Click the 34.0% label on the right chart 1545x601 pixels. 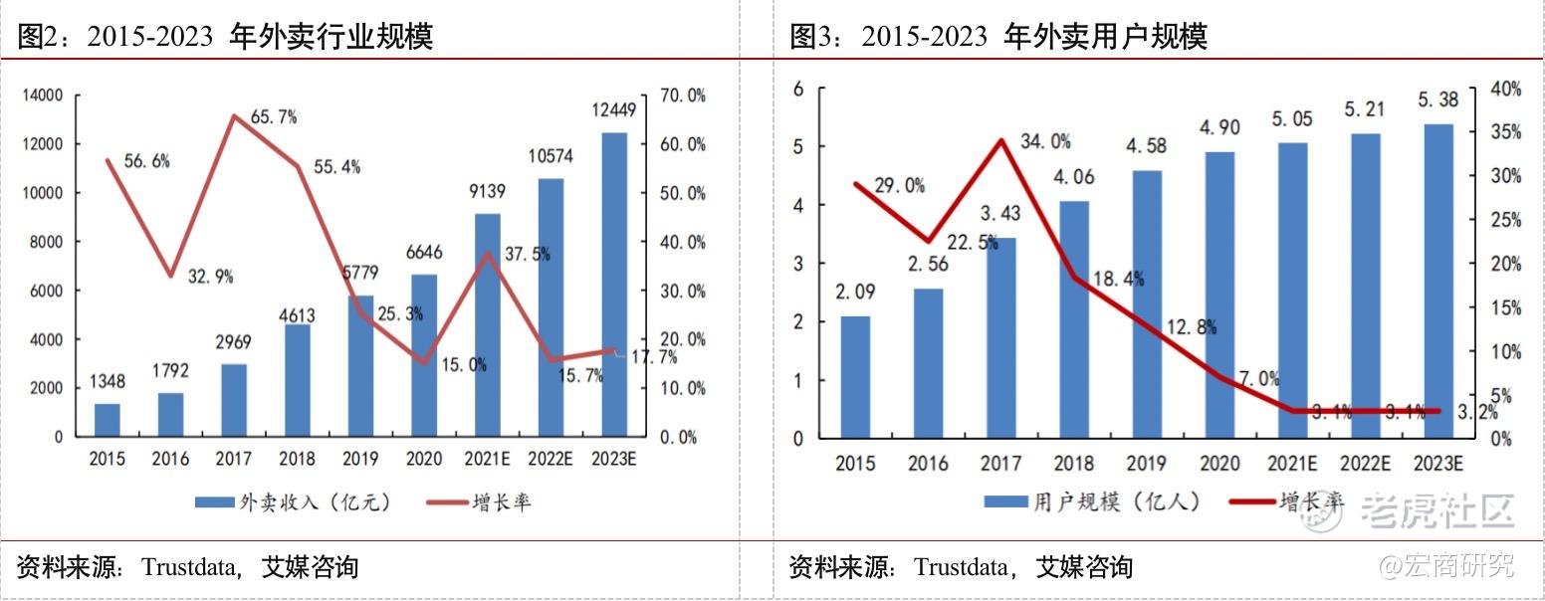coord(1045,141)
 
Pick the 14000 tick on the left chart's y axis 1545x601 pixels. coord(41,96)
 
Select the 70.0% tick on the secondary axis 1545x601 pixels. coord(683,96)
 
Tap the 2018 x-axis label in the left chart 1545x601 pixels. coord(298,460)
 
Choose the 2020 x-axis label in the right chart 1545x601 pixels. coord(1219,464)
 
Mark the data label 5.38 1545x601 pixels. coord(1439,100)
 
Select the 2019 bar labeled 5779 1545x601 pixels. coord(360,365)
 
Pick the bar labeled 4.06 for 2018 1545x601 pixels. coord(1074,318)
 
